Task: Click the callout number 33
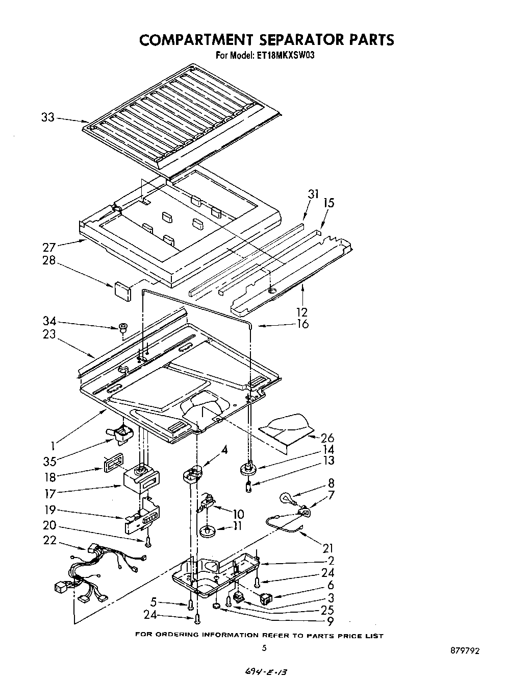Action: tap(47, 117)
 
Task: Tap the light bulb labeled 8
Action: tap(286, 498)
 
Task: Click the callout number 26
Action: tap(327, 438)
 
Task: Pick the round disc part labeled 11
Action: tap(207, 532)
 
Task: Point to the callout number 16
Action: tap(302, 324)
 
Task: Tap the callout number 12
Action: tap(302, 311)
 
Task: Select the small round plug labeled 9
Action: tap(216, 606)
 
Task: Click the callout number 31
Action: tap(313, 194)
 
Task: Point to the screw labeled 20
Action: tap(147, 542)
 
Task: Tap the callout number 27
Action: tap(49, 248)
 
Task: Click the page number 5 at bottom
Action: tap(264, 648)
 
